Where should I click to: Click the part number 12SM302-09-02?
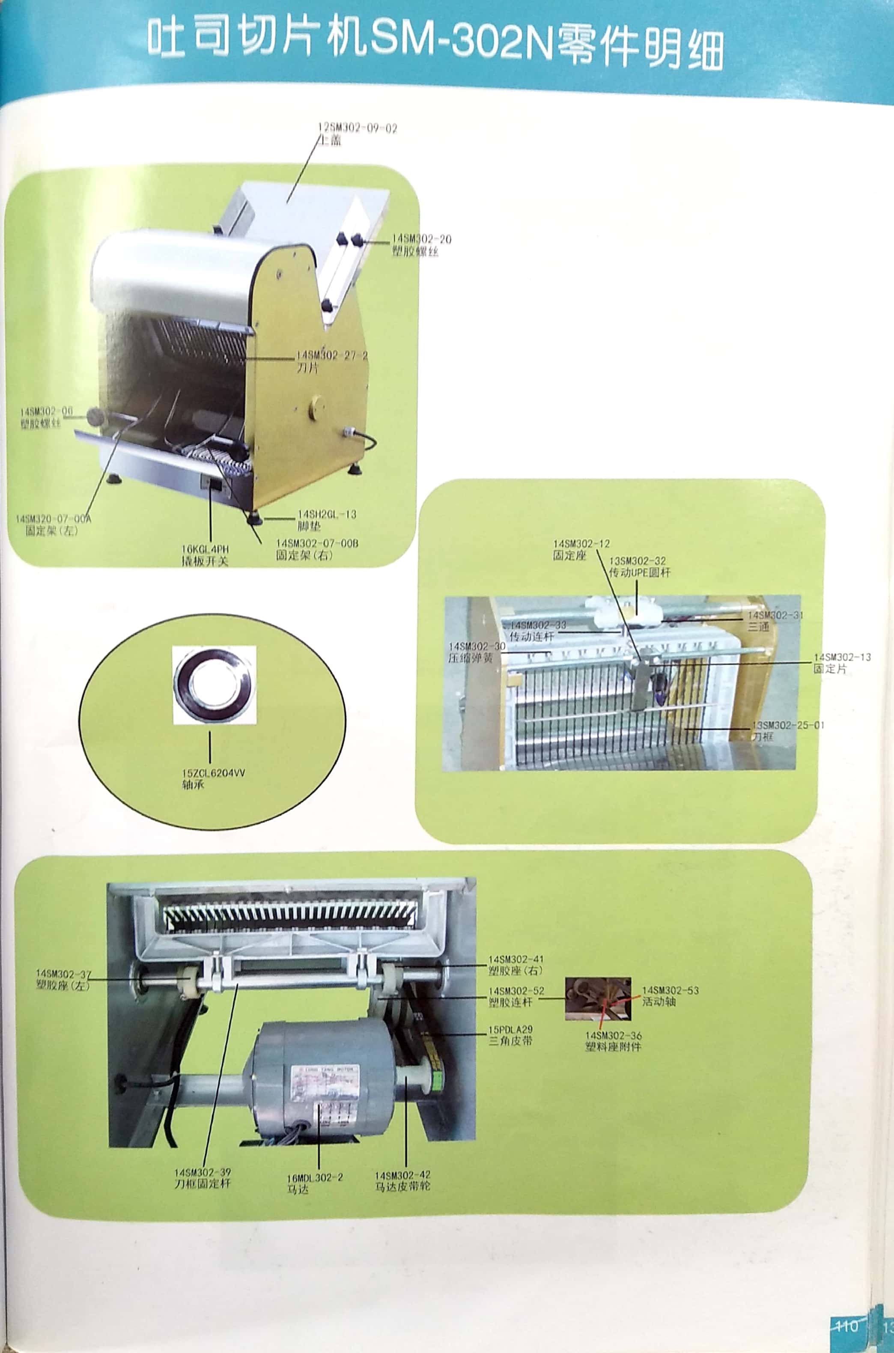pyautogui.click(x=358, y=128)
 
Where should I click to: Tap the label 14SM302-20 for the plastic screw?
pyautogui.click(x=421, y=239)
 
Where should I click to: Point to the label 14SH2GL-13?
pyautogui.click(x=327, y=514)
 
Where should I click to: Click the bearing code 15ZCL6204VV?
pyautogui.click(x=213, y=773)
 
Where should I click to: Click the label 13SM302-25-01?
pyautogui.click(x=787, y=725)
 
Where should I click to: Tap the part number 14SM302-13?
pyautogui.click(x=842, y=657)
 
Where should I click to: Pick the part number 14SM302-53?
pyautogui.click(x=670, y=990)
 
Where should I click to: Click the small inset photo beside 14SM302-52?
pyautogui.click(x=598, y=999)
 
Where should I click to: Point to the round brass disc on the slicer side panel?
pyautogui.click(x=316, y=409)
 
